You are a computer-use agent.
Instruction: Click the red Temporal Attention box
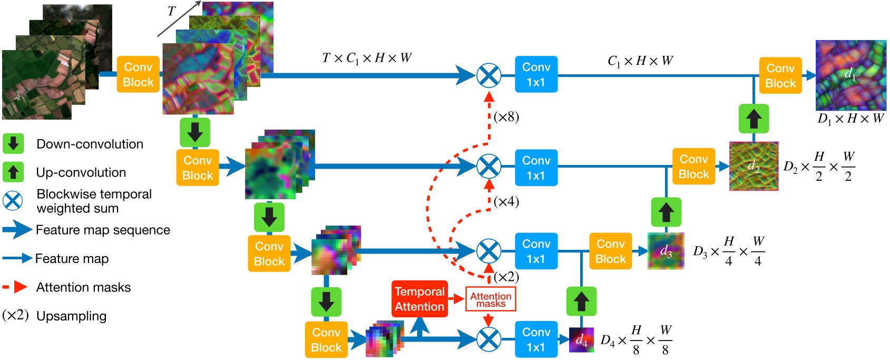click(x=419, y=299)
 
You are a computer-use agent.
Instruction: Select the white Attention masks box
click(x=491, y=299)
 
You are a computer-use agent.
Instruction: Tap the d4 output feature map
click(x=581, y=340)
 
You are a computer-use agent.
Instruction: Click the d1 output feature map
click(x=850, y=75)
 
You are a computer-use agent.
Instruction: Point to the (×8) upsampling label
click(x=506, y=116)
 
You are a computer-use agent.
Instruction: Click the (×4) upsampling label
click(x=506, y=201)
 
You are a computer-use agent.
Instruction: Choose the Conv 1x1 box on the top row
click(x=536, y=74)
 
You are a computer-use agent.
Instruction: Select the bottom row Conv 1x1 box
click(x=536, y=339)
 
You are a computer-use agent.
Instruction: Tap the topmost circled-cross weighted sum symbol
click(x=489, y=75)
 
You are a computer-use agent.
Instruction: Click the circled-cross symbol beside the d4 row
click(x=489, y=339)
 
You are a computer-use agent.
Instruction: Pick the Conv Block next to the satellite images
click(x=138, y=74)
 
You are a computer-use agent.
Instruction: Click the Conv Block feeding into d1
click(x=780, y=75)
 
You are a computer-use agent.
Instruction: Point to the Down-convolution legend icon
click(x=13, y=143)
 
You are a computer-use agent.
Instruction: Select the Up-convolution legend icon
click(x=13, y=172)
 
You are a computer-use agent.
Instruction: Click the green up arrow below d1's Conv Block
click(x=754, y=119)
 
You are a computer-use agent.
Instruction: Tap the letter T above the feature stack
click(x=171, y=12)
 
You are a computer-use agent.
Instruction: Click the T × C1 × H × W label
click(x=367, y=58)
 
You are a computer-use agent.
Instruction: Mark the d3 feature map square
click(x=666, y=251)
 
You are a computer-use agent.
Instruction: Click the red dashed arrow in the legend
click(x=15, y=287)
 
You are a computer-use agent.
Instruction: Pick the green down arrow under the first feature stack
click(x=195, y=132)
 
